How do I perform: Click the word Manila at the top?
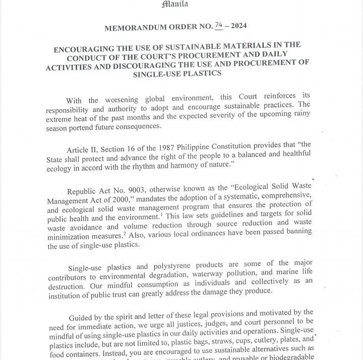pyautogui.click(x=175, y=5)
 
